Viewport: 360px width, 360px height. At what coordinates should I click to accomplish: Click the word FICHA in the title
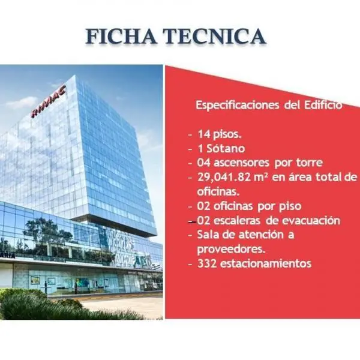click(121, 36)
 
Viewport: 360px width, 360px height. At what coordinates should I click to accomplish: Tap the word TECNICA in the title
click(214, 36)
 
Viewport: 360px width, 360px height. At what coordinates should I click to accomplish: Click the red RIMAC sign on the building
click(49, 101)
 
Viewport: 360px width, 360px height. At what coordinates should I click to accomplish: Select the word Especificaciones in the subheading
click(238, 106)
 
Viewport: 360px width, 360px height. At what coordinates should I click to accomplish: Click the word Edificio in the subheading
click(323, 105)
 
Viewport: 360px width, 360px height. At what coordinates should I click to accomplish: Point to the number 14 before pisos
click(204, 134)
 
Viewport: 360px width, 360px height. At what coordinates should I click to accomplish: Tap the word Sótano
click(226, 149)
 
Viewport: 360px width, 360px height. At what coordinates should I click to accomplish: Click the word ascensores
click(241, 163)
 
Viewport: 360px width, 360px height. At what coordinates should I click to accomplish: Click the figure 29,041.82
click(224, 177)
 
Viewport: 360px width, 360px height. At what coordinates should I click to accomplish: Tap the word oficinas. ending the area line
click(218, 191)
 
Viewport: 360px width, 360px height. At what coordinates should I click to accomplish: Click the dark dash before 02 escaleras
click(192, 222)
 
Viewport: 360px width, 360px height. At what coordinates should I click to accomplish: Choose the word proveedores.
click(231, 250)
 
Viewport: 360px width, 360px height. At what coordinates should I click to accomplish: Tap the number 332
click(207, 263)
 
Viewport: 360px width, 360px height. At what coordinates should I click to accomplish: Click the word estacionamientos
click(266, 263)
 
